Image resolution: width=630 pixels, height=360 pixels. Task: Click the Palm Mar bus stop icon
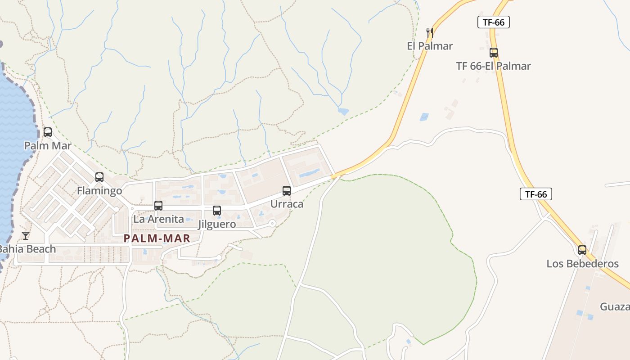tap(48, 132)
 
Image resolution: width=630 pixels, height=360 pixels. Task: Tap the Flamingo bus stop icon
tap(99, 177)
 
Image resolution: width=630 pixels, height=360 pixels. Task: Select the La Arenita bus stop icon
tap(158, 206)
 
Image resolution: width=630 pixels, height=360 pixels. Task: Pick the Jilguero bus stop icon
tap(217, 210)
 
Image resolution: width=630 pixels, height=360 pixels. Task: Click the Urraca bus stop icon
tap(287, 190)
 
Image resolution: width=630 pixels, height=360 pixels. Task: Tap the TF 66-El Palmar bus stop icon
tap(494, 53)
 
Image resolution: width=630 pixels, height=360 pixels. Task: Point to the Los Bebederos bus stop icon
tap(582, 250)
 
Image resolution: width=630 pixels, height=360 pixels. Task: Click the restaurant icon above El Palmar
tap(430, 32)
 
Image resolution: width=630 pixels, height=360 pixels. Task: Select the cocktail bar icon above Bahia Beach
tap(26, 235)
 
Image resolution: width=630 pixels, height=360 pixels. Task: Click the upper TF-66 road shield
tap(494, 22)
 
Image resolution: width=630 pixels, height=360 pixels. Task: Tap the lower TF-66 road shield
tap(536, 194)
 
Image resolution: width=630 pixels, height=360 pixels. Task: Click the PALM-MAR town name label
tap(157, 238)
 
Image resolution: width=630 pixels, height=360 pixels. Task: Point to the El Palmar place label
tap(430, 46)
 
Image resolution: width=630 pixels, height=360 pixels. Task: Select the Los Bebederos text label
tap(583, 264)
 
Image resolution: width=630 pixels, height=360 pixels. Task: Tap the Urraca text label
tap(287, 204)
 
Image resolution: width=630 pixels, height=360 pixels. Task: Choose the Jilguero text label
tap(217, 224)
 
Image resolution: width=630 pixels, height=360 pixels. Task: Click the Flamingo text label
tap(99, 191)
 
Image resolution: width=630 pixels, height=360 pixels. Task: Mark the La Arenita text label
tap(159, 219)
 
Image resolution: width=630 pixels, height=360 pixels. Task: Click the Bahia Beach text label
tap(27, 249)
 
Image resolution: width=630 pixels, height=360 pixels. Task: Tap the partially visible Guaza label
tap(615, 307)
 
